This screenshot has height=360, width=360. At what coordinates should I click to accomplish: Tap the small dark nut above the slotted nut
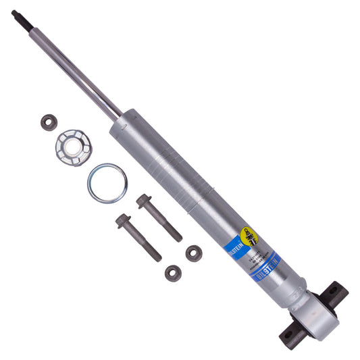48,123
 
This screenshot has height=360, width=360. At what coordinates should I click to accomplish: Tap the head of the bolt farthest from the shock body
122,220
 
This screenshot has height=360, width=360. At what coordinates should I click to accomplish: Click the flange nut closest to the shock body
194,253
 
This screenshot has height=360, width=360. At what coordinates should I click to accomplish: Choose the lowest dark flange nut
174,273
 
